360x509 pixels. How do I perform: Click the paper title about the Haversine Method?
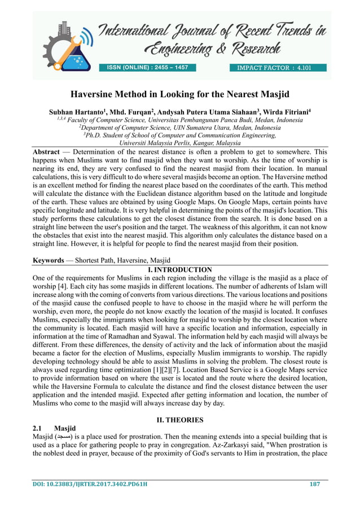click(179, 94)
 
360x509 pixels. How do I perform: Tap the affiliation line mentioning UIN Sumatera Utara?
click(179, 128)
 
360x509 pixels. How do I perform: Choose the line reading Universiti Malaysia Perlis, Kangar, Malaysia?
click(179, 143)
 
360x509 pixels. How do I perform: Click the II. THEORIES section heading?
click(179, 420)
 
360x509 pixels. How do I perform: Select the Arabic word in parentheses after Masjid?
click(63, 437)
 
